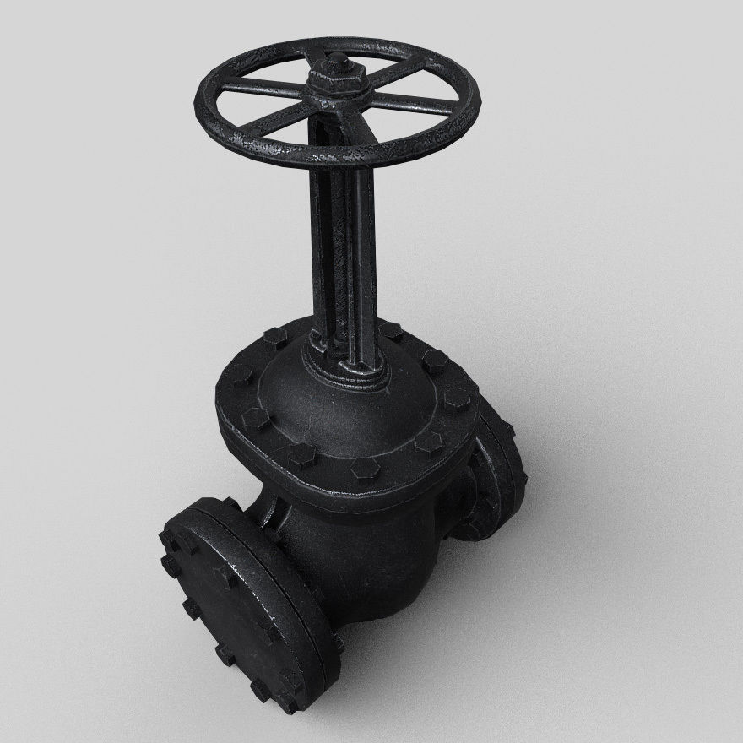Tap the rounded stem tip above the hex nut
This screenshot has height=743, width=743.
coord(336,62)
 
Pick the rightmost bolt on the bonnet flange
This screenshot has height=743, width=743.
coord(457,399)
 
